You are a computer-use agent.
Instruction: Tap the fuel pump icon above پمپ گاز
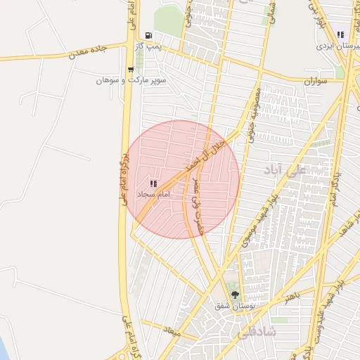click(x=148, y=36)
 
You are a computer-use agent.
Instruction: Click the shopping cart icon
click(x=131, y=70)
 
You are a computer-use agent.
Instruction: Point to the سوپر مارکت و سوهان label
click(x=131, y=80)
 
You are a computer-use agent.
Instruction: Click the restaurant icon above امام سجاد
click(x=153, y=183)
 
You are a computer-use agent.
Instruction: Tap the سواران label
click(x=316, y=82)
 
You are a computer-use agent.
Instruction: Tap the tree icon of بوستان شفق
click(x=235, y=295)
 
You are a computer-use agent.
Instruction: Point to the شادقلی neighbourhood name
click(x=257, y=330)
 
